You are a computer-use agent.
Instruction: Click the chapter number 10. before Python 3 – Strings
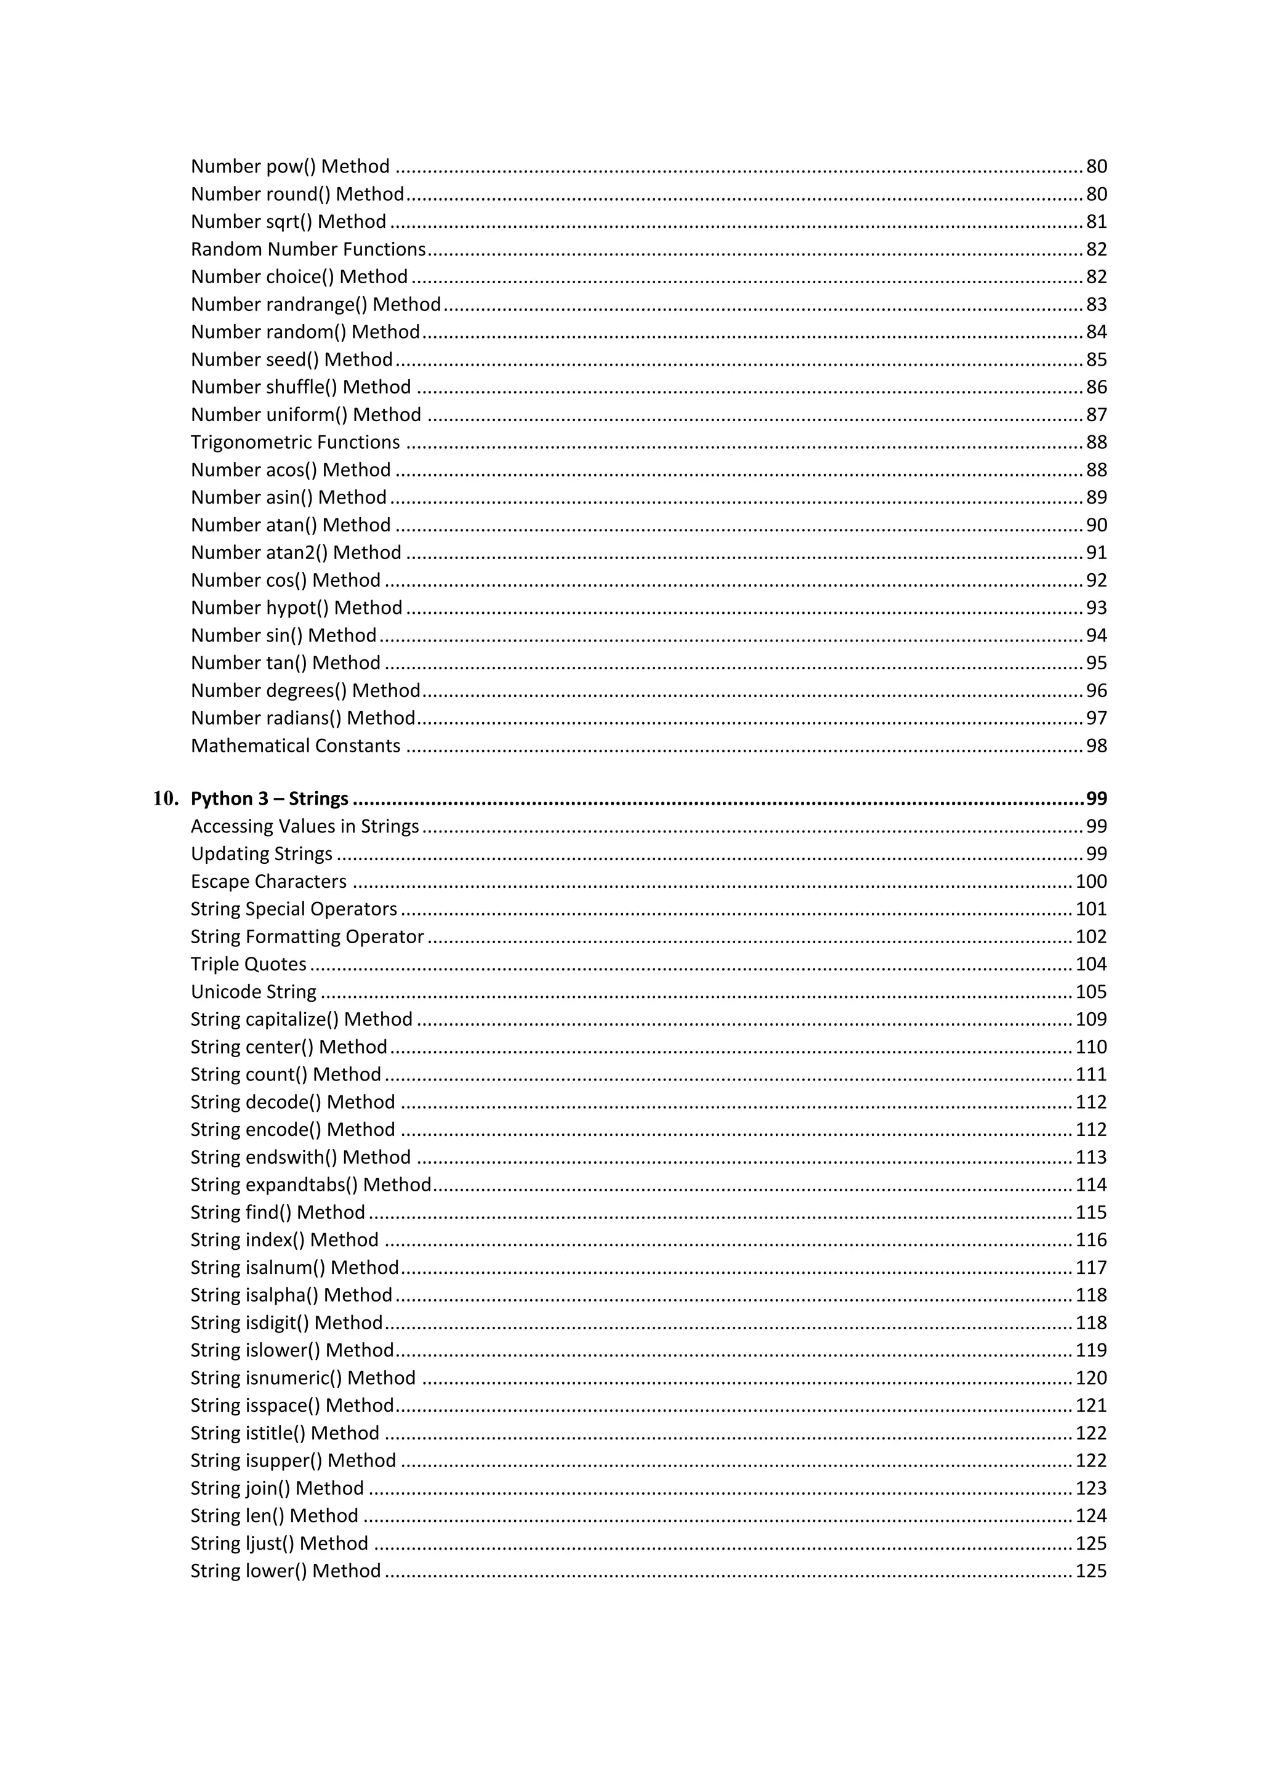pos(166,799)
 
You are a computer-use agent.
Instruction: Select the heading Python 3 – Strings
pos(270,799)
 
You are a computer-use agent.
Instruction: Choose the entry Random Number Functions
pos(308,249)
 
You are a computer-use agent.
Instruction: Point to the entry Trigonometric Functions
pos(295,442)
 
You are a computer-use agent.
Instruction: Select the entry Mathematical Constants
pos(295,746)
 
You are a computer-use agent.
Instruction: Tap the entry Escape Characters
pos(268,882)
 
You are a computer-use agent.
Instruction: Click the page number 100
pos(1090,882)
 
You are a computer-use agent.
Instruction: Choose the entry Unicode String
pos(253,992)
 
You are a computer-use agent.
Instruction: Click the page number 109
pos(1090,1019)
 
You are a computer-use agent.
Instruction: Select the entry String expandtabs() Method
pos(310,1185)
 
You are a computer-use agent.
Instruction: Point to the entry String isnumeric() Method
pos(303,1378)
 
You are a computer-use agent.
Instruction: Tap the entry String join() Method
pos(277,1488)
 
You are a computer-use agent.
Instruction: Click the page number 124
pos(1090,1515)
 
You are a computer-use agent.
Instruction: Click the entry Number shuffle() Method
pos(300,387)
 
